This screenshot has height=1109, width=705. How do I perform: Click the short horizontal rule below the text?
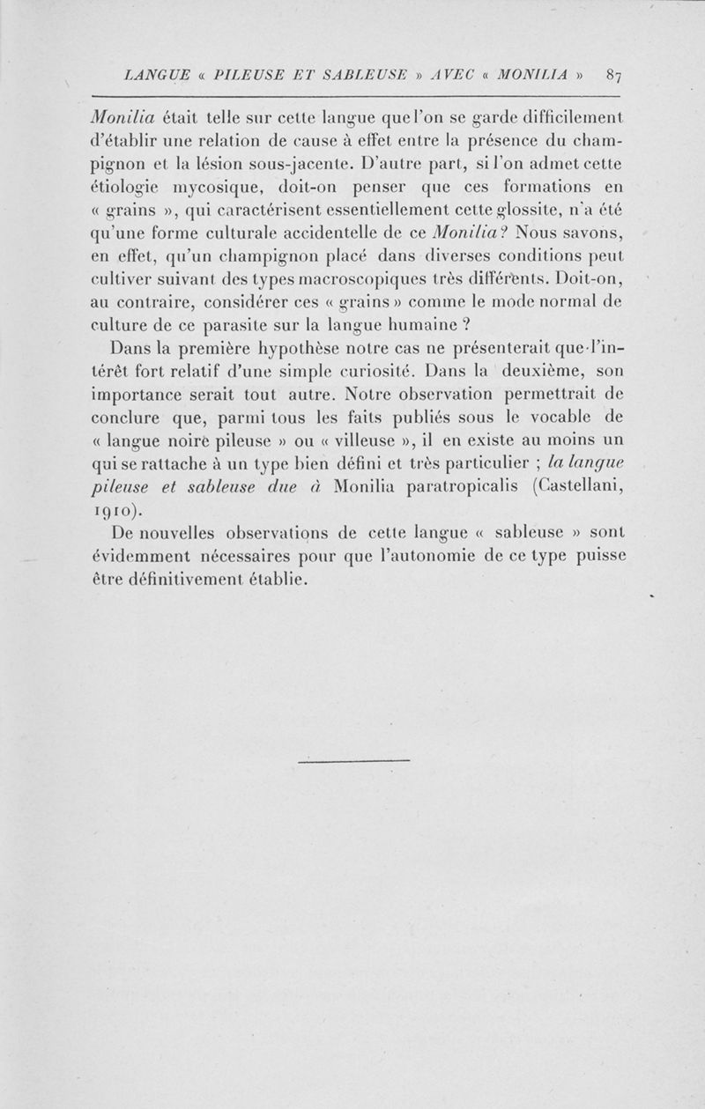[354, 758]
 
